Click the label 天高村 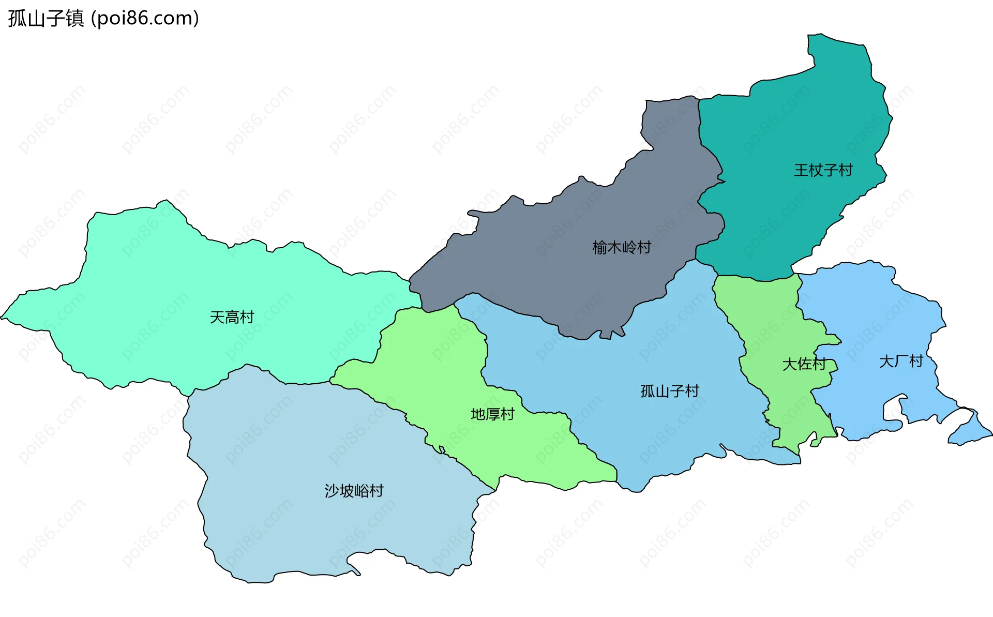point(232,317)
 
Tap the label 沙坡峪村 point(354,491)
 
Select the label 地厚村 point(492,414)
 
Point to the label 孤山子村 point(669,391)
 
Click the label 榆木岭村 point(621,248)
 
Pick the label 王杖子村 point(823,170)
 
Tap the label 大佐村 point(804,364)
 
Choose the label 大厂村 point(901,361)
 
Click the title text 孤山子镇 point(46,19)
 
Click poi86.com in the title point(145,19)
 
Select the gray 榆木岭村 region point(559,269)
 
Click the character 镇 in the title point(75,19)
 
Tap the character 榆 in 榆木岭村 point(599,248)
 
